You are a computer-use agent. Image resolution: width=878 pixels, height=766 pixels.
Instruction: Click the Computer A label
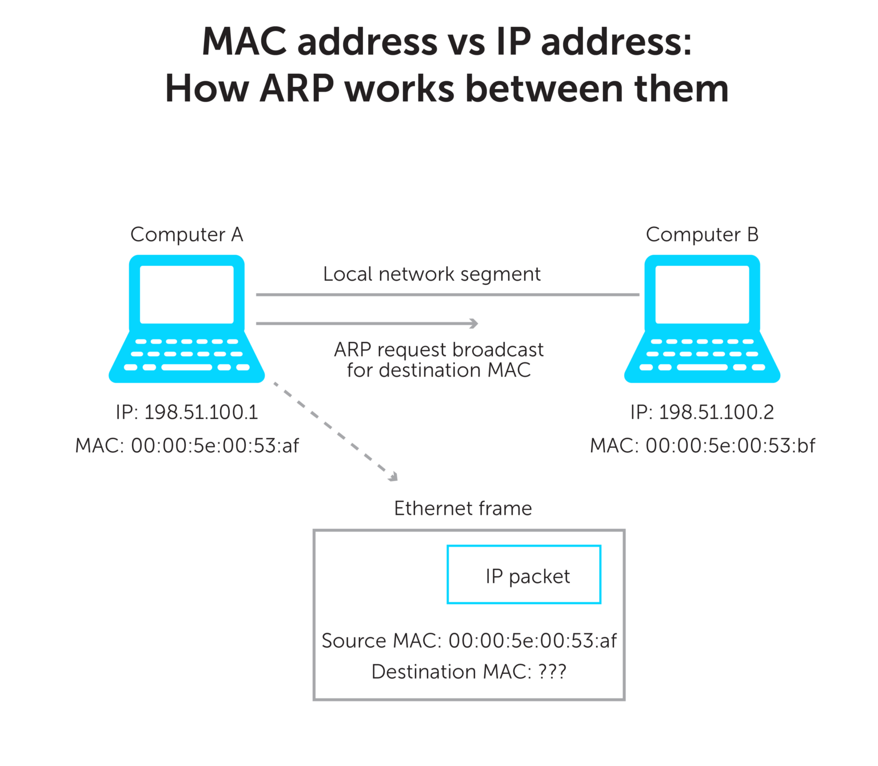tap(187, 235)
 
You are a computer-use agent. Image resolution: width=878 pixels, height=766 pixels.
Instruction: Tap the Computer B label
tap(702, 235)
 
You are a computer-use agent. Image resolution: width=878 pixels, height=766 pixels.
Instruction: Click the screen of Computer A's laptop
tap(187, 294)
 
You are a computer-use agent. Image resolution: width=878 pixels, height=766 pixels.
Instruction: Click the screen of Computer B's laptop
tap(702, 294)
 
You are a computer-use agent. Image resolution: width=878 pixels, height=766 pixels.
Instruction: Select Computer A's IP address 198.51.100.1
tap(201, 412)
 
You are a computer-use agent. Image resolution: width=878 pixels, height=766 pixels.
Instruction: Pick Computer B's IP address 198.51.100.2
tap(716, 412)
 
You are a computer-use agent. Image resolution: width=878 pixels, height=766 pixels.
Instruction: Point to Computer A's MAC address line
tap(187, 445)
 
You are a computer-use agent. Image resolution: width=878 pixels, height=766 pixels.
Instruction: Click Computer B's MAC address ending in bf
tap(703, 445)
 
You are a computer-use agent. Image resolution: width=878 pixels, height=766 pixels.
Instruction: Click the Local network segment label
tap(432, 274)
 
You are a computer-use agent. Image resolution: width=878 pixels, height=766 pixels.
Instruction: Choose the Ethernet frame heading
tap(462, 508)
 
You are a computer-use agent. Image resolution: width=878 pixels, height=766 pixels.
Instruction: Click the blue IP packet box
tap(524, 574)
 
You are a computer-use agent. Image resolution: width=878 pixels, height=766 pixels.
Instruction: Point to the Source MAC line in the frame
tap(469, 641)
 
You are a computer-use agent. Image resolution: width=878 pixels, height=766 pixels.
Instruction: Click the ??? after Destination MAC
tap(552, 672)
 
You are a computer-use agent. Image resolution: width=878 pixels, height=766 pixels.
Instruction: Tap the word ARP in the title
tap(297, 89)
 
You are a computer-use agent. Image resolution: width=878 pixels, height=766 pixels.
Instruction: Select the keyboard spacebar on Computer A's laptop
tap(187, 368)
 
